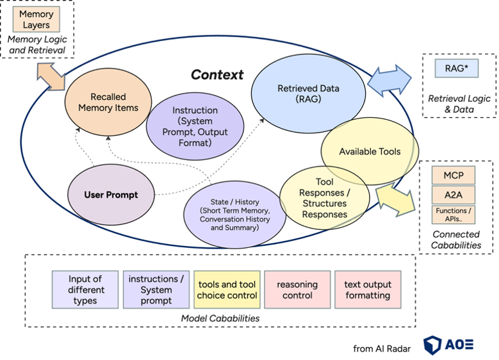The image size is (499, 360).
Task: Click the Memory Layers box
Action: (36, 20)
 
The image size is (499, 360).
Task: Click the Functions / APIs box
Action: (453, 214)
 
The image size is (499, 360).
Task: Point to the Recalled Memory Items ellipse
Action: (108, 102)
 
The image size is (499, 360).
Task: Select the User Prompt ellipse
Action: (110, 194)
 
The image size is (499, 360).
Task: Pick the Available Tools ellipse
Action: (370, 151)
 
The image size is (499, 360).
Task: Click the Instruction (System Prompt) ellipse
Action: (195, 126)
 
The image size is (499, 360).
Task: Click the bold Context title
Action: (217, 74)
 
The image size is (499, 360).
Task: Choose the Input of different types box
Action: (85, 290)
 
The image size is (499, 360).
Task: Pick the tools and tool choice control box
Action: (227, 290)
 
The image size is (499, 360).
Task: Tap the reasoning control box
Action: (297, 290)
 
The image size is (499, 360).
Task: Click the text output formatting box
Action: (367, 290)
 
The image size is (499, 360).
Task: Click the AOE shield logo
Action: (433, 344)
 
